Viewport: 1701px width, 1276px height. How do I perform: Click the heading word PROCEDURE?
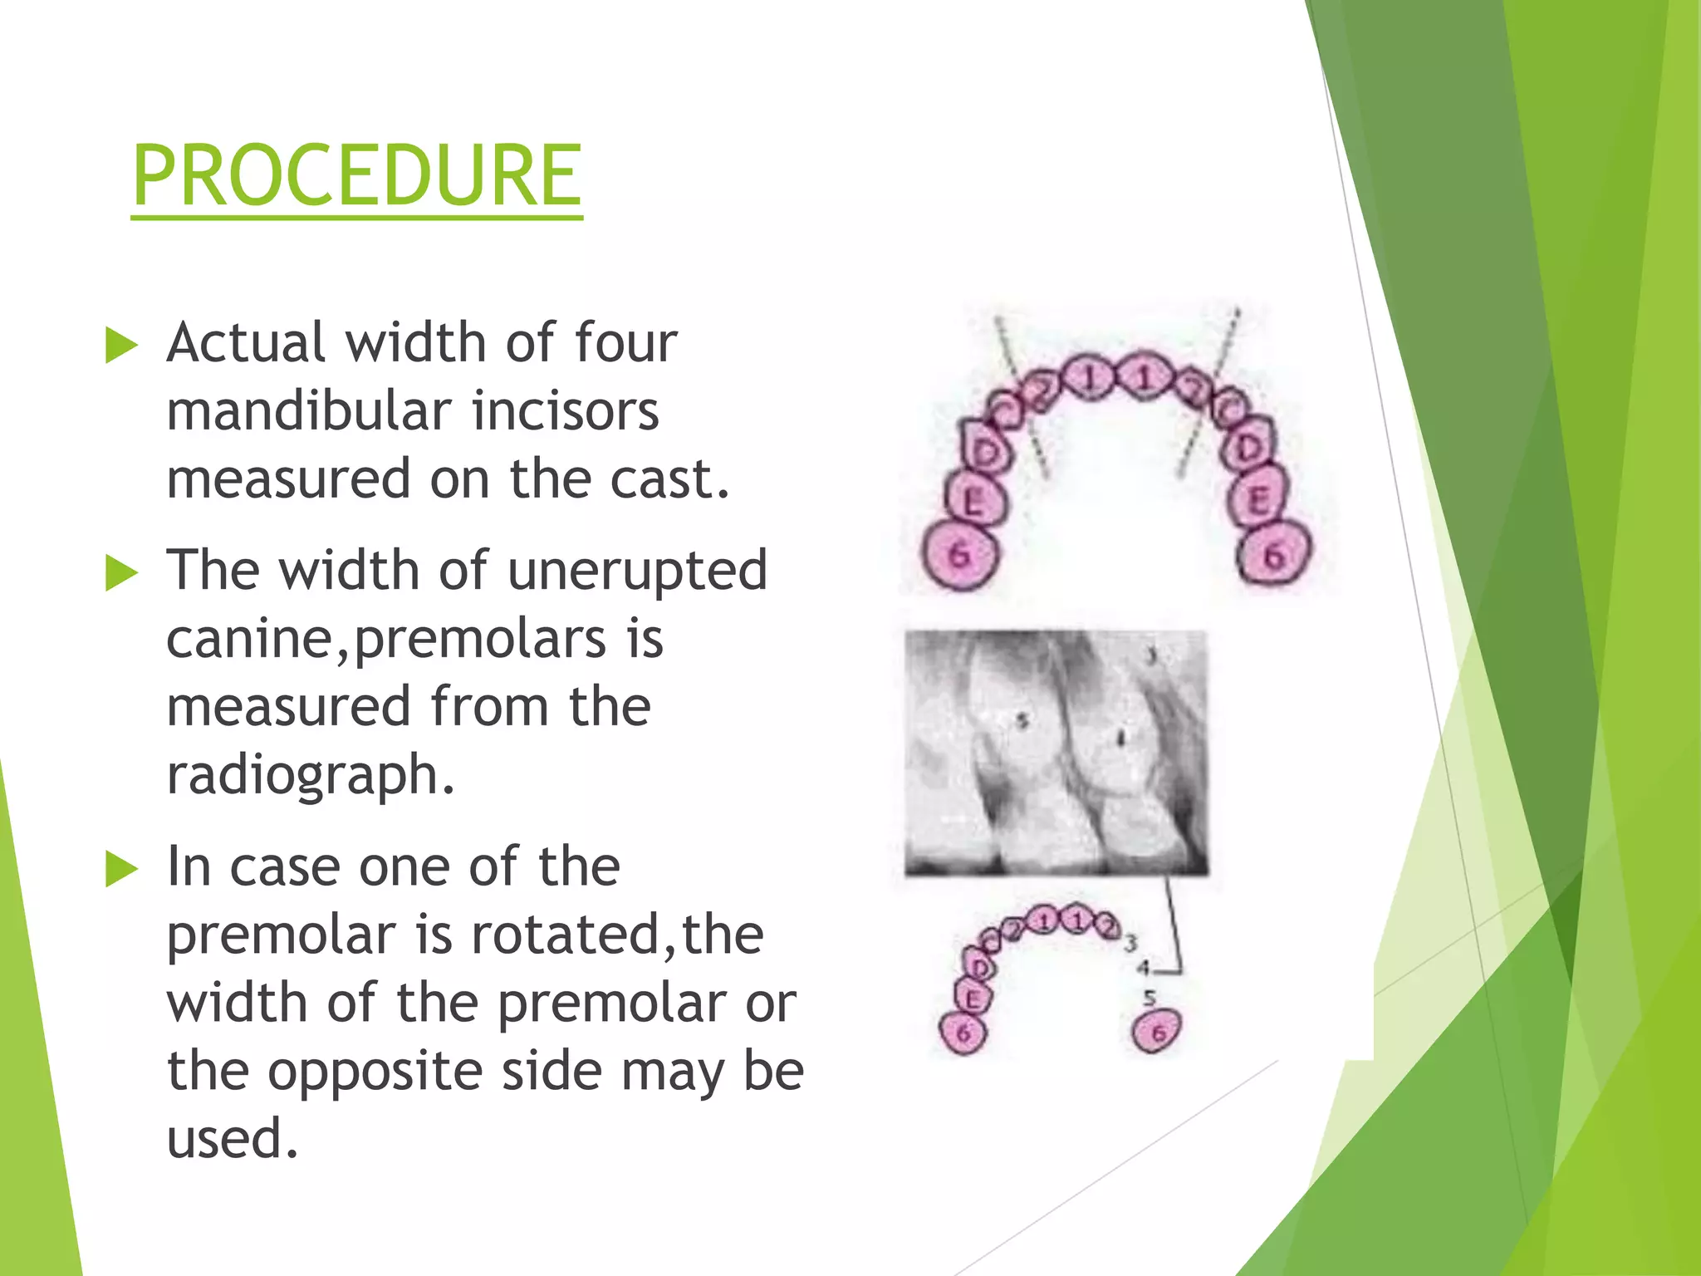coord(357,176)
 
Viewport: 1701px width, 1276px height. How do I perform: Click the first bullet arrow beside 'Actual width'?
coord(121,346)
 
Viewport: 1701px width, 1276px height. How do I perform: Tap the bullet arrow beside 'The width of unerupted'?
coord(121,573)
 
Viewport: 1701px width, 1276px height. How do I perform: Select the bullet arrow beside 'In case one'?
coord(121,870)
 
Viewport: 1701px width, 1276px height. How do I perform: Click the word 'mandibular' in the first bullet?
coord(307,411)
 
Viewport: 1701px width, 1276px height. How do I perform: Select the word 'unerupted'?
coord(637,572)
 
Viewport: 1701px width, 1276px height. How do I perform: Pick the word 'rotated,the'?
coord(617,935)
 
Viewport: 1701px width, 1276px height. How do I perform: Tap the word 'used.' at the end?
coord(232,1139)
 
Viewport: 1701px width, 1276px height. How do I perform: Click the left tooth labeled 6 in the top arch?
coord(960,555)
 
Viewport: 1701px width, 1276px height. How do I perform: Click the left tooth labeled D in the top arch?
coord(988,451)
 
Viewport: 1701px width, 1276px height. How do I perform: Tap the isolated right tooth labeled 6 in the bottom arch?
coord(1157,1032)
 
